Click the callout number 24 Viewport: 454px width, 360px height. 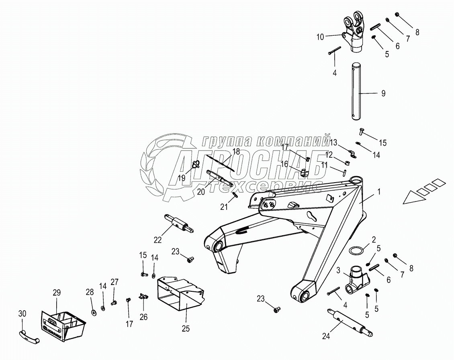[x=326, y=336]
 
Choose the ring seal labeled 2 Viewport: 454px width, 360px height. [x=356, y=251]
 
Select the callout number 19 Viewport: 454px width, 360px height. [x=182, y=178]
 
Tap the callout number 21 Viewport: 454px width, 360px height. [x=224, y=207]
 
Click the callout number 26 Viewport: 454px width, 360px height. [x=143, y=317]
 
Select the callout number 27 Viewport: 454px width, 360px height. [x=115, y=282]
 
